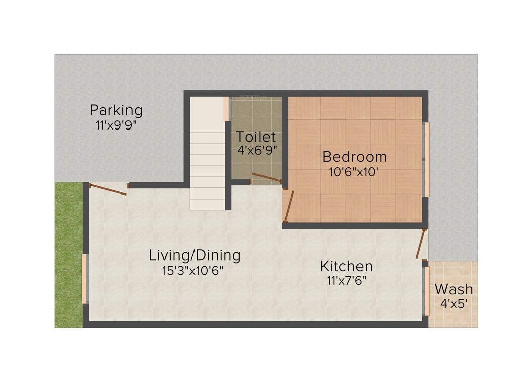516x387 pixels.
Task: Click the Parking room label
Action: [x=116, y=110]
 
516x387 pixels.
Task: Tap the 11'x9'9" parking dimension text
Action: [x=116, y=125]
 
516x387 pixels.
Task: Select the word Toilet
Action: [x=256, y=137]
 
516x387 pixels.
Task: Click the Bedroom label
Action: [x=355, y=157]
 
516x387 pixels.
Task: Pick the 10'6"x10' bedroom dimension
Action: [x=354, y=172]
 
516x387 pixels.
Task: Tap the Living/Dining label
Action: [x=195, y=255]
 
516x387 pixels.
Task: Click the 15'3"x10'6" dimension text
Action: [x=192, y=271]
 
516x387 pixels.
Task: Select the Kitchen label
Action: [x=347, y=266]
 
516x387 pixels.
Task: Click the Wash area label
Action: [x=454, y=289]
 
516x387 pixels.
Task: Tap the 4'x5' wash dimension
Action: [x=454, y=304]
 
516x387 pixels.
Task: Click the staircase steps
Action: [x=207, y=161]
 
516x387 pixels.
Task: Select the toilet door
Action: [x=267, y=177]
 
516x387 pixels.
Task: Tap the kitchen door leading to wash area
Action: [x=421, y=244]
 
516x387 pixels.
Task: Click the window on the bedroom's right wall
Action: [x=426, y=159]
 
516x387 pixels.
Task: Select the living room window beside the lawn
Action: [x=85, y=279]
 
